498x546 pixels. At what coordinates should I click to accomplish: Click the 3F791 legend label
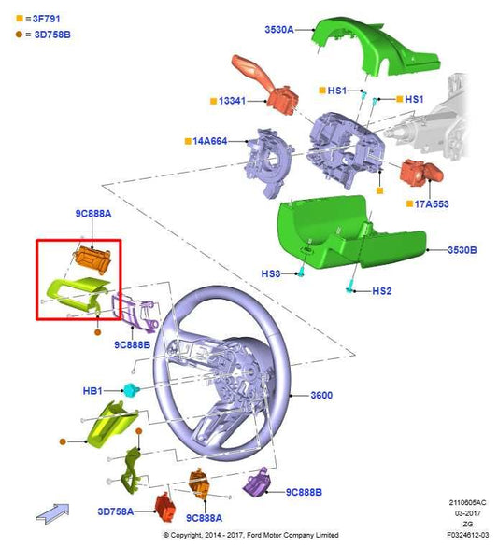click(46, 19)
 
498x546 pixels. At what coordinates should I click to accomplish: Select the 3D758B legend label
click(52, 35)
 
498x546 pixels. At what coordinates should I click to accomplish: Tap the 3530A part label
click(279, 30)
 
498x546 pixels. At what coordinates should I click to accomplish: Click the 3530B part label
click(462, 250)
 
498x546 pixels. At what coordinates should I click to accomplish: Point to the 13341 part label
click(232, 101)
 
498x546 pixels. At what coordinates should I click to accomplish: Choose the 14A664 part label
click(210, 141)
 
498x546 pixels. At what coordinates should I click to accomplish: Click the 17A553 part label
click(432, 204)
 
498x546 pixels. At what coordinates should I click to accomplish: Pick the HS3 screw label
click(271, 273)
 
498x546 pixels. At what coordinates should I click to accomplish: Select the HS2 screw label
click(382, 291)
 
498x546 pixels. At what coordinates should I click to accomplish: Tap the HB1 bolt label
click(92, 391)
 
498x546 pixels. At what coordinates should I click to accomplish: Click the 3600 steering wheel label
click(321, 395)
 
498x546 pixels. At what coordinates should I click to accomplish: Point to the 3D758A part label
click(115, 511)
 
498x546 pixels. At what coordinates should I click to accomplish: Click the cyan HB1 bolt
click(132, 389)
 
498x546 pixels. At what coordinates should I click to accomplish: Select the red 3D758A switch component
click(164, 508)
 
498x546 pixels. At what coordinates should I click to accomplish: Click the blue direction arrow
click(52, 513)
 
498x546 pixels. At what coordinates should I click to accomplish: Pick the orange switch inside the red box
click(92, 259)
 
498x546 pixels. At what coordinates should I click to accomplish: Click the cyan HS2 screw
click(349, 287)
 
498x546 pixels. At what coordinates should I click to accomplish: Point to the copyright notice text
click(251, 535)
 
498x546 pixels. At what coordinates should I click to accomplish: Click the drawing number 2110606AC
click(467, 502)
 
